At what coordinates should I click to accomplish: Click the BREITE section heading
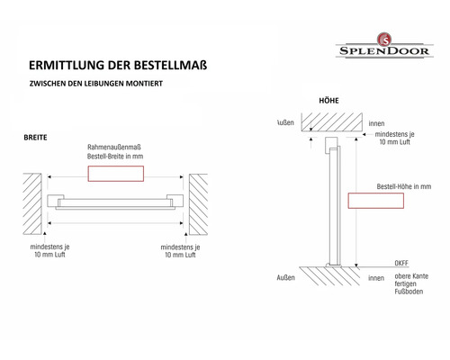pyautogui.click(x=37, y=139)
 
